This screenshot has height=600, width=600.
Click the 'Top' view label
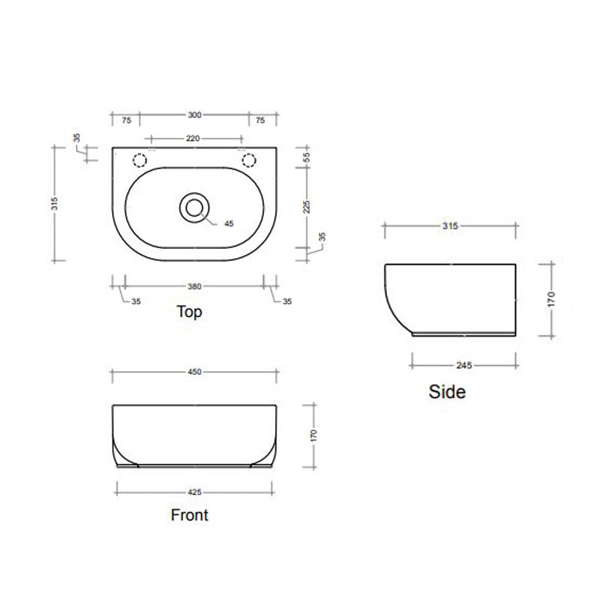tap(189, 312)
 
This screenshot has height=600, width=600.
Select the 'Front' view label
tap(190, 514)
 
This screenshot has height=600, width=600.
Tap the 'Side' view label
tap(447, 391)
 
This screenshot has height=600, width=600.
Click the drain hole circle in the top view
tap(194, 207)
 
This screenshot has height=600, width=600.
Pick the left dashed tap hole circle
tap(139, 160)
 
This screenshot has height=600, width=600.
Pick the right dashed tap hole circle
tap(248, 160)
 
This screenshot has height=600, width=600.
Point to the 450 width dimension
tap(194, 371)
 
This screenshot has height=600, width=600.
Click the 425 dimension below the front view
tap(194, 493)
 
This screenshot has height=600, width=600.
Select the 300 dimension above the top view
tap(194, 115)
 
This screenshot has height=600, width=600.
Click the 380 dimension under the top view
tap(194, 286)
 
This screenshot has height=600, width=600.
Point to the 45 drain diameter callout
tap(229, 223)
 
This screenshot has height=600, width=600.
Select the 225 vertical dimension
tap(307, 207)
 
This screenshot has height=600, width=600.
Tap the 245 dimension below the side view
tap(463, 365)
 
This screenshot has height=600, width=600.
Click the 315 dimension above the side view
tap(449, 225)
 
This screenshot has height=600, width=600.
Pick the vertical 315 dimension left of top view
tap(55, 204)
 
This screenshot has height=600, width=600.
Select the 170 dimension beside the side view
tap(551, 299)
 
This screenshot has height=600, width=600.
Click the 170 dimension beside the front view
tap(314, 435)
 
